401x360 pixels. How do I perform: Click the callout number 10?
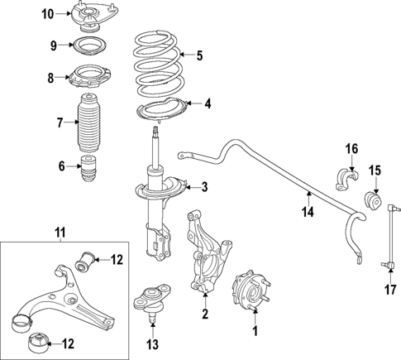pyautogui.click(x=47, y=13)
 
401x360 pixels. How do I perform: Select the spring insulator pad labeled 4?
pyautogui.click(x=161, y=111)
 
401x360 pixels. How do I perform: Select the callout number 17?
pyautogui.click(x=389, y=290)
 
